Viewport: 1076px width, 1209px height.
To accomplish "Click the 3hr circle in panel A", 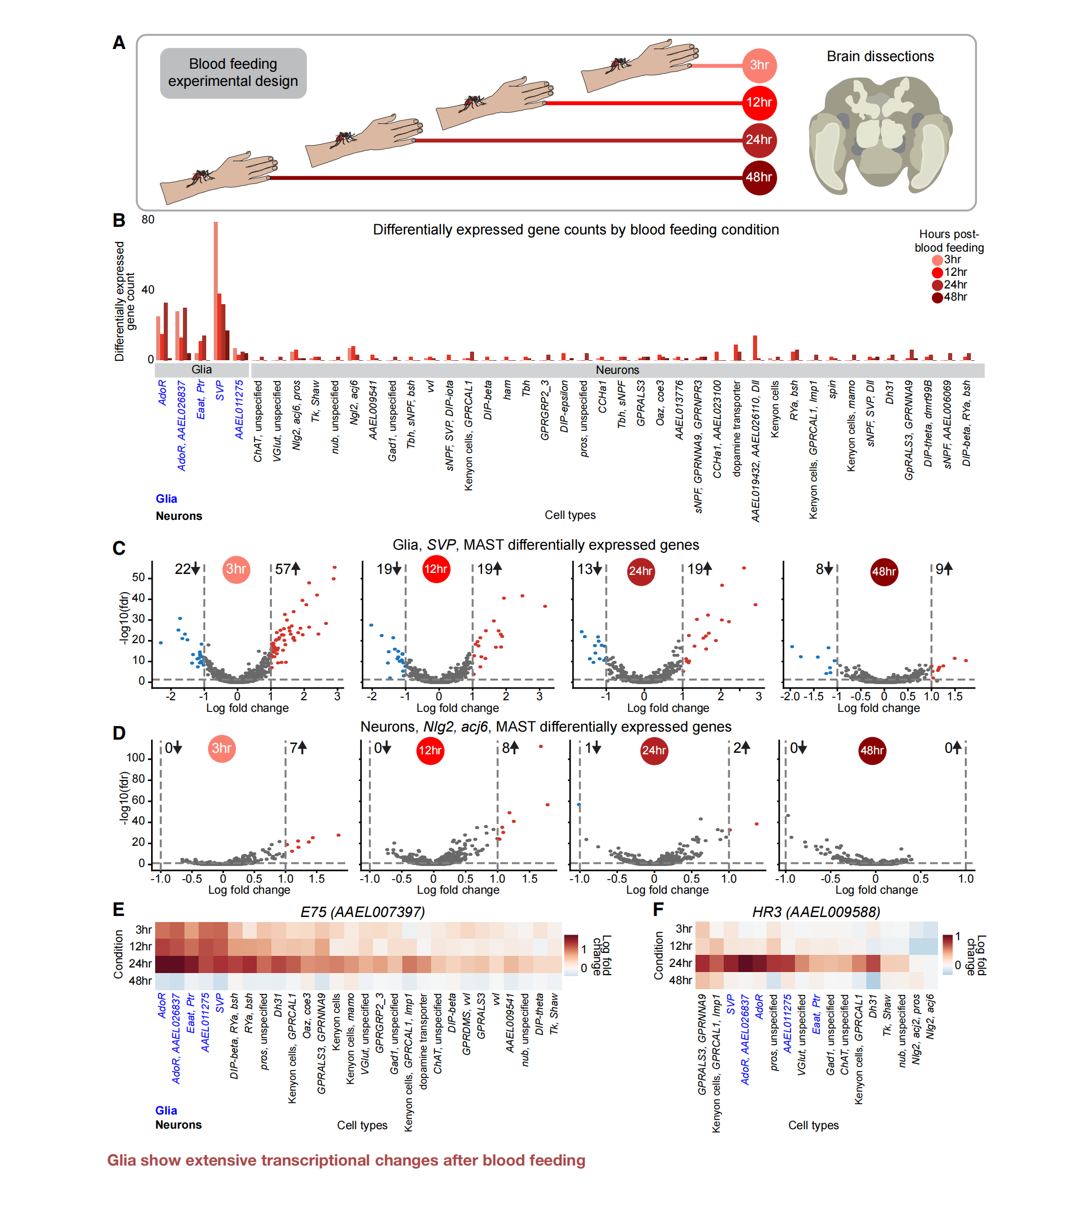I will pyautogui.click(x=759, y=65).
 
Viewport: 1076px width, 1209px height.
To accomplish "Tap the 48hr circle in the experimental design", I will pyautogui.click(x=759, y=177).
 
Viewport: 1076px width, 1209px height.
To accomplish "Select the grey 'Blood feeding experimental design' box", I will pyautogui.click(x=233, y=73).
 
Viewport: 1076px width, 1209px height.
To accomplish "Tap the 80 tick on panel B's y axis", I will pyautogui.click(x=148, y=220).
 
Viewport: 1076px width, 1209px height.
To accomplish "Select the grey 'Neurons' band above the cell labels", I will pyautogui.click(x=617, y=370).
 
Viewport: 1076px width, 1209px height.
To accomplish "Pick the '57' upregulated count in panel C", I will pyautogui.click(x=283, y=569).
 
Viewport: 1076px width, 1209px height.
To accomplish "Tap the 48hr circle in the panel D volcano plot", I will pyautogui.click(x=872, y=751).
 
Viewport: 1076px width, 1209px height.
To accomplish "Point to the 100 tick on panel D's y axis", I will pyautogui.click(x=135, y=758).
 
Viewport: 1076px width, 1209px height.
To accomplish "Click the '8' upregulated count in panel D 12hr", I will pyautogui.click(x=506, y=748).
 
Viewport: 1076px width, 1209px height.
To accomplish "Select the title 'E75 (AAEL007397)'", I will pyautogui.click(x=362, y=911).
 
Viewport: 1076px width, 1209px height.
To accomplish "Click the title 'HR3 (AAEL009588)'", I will pyautogui.click(x=816, y=911).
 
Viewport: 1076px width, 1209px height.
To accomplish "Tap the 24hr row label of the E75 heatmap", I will pyautogui.click(x=140, y=963).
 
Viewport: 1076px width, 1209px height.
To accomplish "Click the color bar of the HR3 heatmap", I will pyautogui.click(x=947, y=954).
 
